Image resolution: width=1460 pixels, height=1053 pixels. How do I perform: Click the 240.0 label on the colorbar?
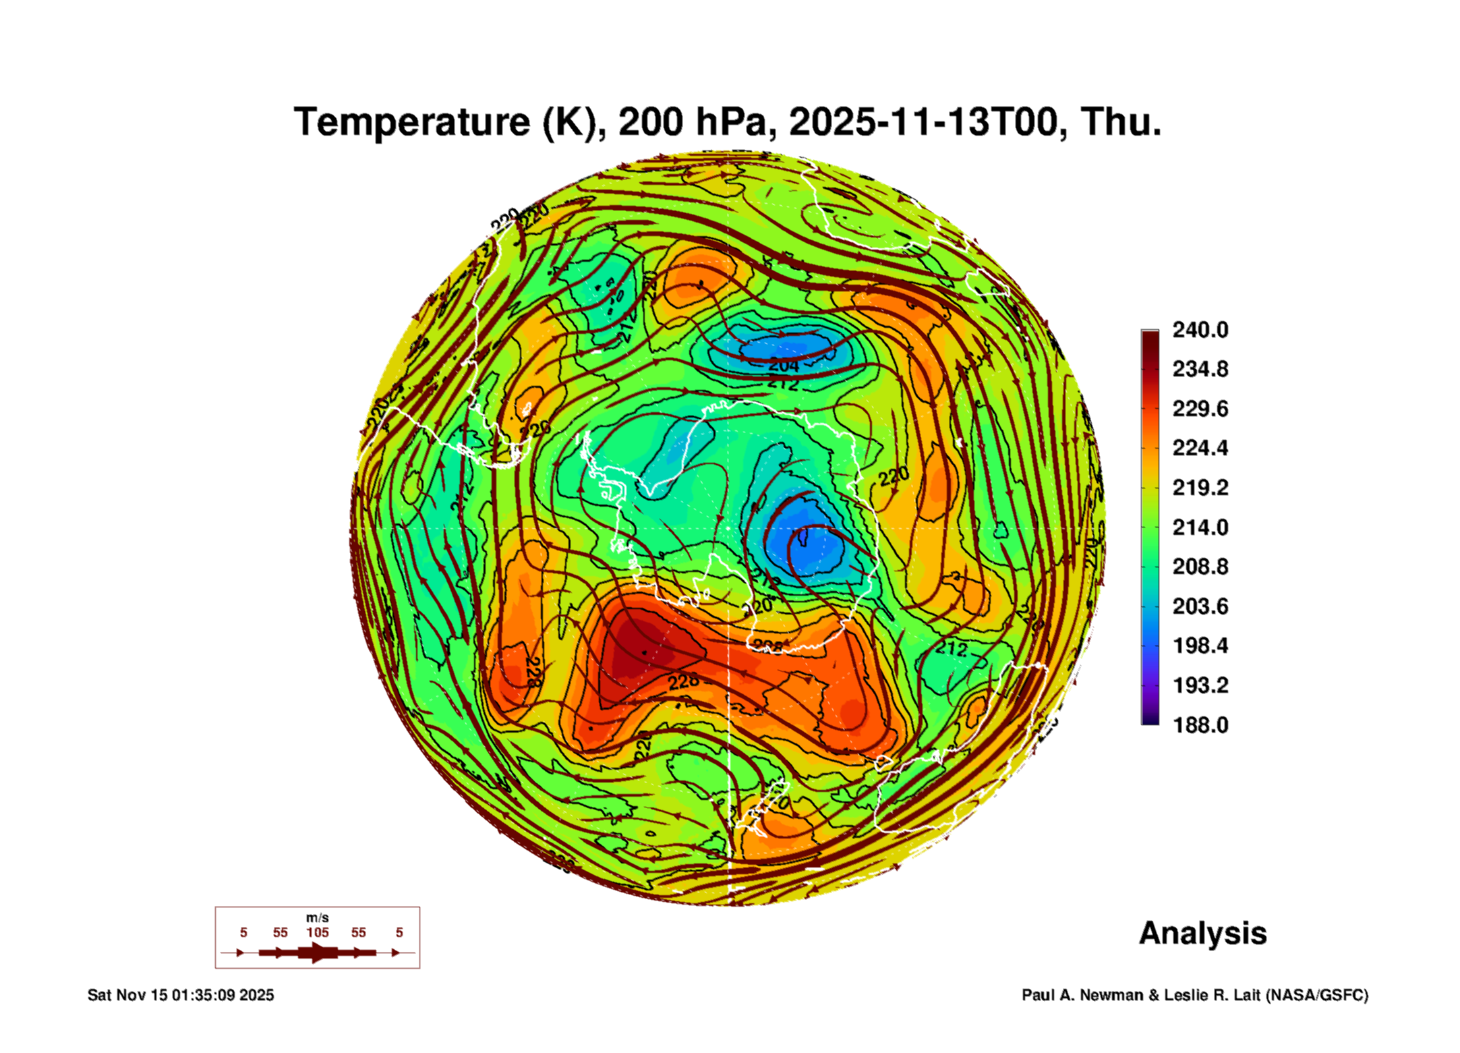1200,330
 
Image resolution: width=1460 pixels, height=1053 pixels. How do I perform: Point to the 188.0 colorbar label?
1200,725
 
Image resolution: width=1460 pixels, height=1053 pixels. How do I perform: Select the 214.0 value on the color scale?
1200,527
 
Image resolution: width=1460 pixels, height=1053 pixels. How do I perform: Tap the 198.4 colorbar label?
1200,646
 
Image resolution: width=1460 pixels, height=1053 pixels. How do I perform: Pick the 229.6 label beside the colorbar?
1200,409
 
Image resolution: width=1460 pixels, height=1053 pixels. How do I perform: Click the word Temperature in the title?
412,122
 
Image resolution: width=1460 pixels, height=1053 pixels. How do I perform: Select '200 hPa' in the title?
693,122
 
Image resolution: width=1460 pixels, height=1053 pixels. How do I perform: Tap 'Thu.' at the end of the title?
1121,122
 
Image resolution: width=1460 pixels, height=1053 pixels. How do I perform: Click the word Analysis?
1202,933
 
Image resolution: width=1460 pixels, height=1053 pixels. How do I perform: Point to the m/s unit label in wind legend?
317,917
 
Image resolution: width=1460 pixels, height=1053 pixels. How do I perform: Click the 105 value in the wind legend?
317,932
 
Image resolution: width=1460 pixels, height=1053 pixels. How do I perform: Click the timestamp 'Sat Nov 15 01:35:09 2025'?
181,995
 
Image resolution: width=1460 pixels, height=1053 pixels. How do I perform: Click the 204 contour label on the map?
784,365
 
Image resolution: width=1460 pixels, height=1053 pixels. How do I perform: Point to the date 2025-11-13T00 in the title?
923,122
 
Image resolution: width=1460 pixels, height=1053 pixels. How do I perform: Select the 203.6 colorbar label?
1200,606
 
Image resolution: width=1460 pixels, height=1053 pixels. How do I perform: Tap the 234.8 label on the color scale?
1200,369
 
